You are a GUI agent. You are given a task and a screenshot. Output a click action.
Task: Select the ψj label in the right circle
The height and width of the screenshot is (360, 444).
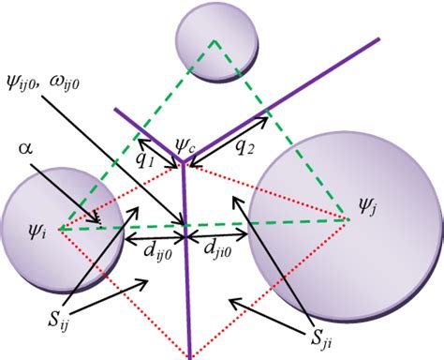[368, 201]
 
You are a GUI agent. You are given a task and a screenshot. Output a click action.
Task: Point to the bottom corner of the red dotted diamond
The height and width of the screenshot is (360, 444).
[191, 355]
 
